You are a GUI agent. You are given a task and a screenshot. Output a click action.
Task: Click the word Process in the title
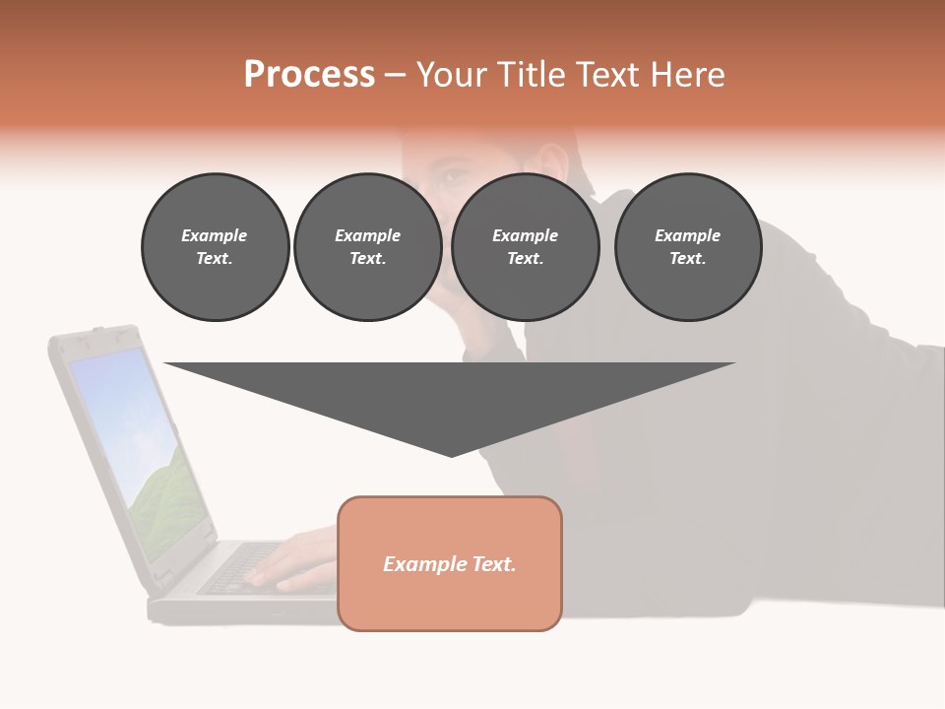[309, 75]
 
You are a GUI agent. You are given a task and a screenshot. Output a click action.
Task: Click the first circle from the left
[215, 246]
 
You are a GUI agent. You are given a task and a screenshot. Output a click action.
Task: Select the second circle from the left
[367, 246]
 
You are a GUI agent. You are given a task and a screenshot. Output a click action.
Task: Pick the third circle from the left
[525, 246]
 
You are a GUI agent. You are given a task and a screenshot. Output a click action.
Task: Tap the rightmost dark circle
[687, 246]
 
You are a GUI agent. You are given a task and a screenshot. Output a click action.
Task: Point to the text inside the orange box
[450, 564]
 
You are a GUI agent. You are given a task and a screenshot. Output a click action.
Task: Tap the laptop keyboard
[236, 568]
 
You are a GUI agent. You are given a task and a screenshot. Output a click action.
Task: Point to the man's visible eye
[452, 178]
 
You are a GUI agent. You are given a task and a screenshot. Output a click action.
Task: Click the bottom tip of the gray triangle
[451, 454]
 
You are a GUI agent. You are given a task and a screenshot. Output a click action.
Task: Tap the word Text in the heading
[604, 75]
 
